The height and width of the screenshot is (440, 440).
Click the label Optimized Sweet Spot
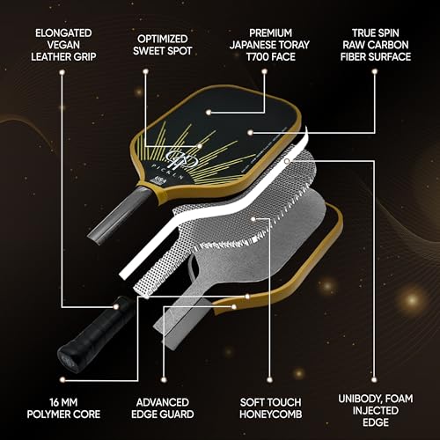coord(162,45)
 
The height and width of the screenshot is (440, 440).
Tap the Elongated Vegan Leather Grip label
coord(63,45)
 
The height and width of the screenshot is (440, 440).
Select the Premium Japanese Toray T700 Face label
coord(269,45)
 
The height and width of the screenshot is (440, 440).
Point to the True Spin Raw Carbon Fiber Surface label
coord(376,45)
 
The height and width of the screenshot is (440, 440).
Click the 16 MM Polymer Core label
coord(63,408)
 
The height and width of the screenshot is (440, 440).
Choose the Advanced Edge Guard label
coord(163,408)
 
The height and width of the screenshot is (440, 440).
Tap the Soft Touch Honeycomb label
coord(270,408)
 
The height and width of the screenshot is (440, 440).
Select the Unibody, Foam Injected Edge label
coord(376,410)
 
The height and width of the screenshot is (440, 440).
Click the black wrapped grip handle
coord(97,334)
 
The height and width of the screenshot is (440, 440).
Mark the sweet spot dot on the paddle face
coord(200,146)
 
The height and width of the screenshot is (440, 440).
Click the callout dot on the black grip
coord(116,307)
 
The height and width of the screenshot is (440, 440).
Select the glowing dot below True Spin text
coord(374,71)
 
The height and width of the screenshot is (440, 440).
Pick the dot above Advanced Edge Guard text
coord(164,380)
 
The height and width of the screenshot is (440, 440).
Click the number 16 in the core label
coord(55,402)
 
